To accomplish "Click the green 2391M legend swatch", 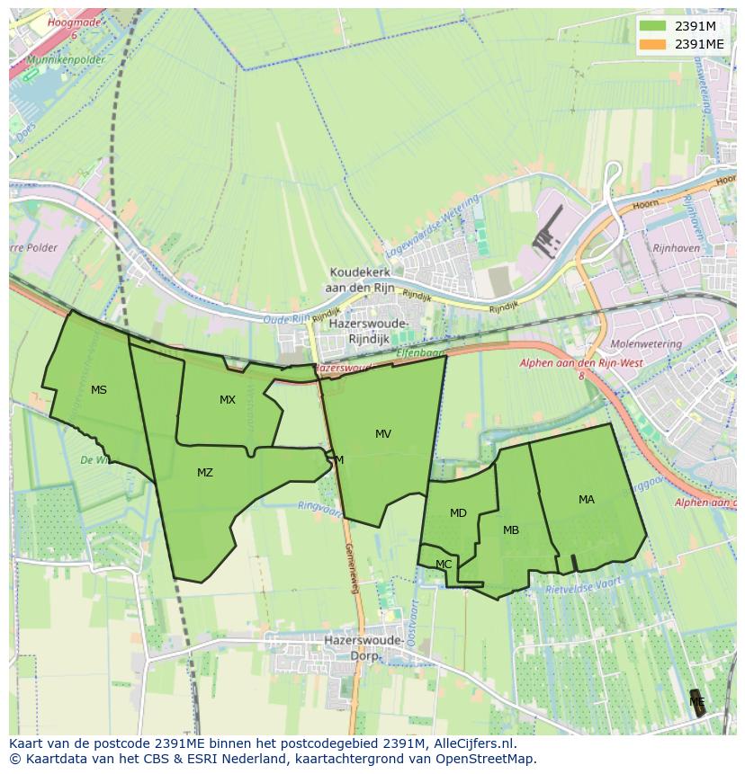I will (x=652, y=26).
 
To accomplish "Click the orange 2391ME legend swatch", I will (x=652, y=44).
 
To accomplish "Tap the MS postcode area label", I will (x=99, y=390).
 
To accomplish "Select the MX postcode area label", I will (x=228, y=400).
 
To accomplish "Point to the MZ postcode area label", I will (x=205, y=473).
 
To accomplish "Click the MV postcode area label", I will (x=383, y=434).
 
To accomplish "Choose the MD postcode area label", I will (x=458, y=513).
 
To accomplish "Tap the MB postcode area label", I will (x=511, y=530).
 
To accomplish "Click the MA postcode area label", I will (x=587, y=500).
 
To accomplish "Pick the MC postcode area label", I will (x=444, y=565).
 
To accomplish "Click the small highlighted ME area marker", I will (x=697, y=702).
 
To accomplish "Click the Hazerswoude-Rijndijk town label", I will (x=369, y=331).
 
